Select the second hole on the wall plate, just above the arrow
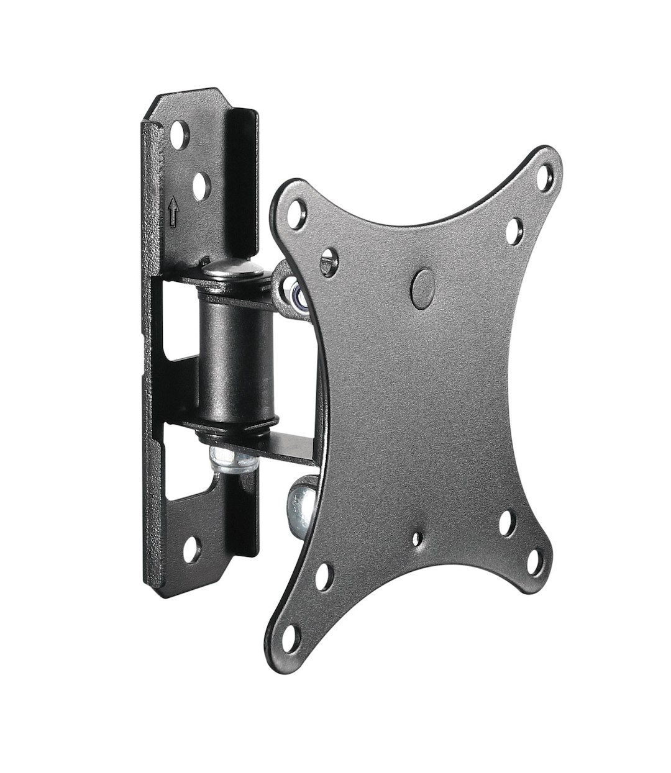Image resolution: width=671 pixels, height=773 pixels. click(x=200, y=186)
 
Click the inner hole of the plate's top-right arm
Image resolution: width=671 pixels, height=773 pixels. click(x=513, y=230)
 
